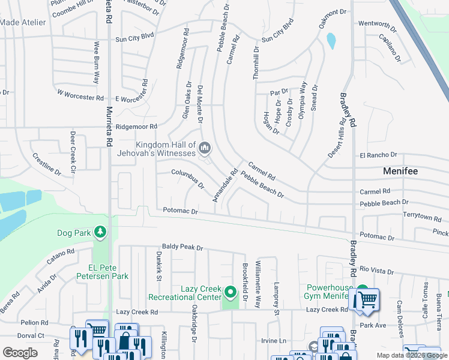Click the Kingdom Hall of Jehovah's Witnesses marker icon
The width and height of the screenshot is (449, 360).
205,147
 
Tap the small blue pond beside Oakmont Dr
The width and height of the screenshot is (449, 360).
331,41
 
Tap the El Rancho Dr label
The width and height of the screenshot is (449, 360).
378,155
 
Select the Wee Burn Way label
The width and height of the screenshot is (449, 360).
95,62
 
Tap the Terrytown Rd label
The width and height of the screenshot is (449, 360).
421,214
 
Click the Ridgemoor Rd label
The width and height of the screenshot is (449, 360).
136,127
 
